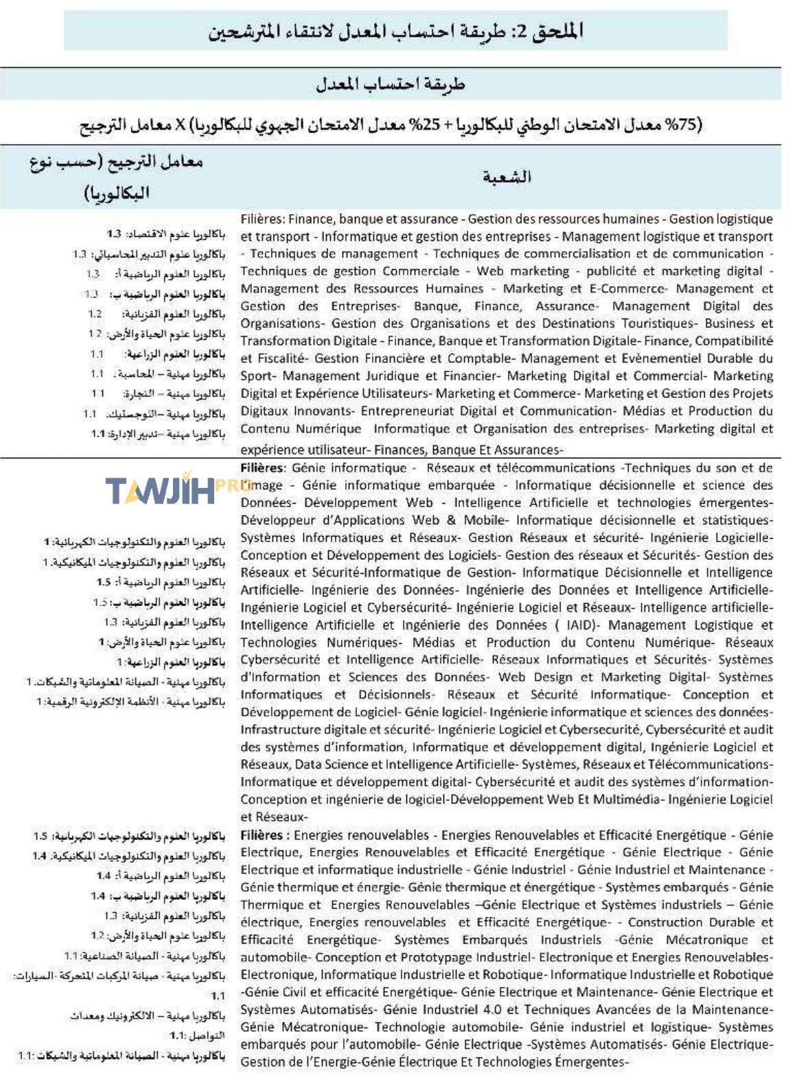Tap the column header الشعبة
[507, 177]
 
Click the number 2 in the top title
[522, 31]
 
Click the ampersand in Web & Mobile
[451, 520]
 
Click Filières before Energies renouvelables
[262, 835]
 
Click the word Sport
[257, 375]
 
